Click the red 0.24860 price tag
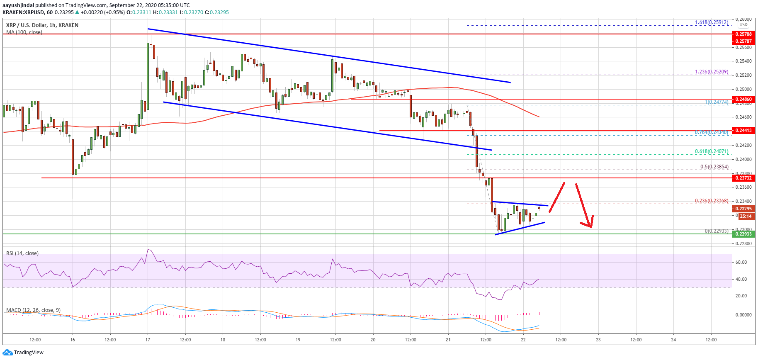pyautogui.click(x=743, y=99)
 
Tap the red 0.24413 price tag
pyautogui.click(x=743, y=130)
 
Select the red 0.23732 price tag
pyautogui.click(x=743, y=178)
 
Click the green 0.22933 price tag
pyautogui.click(x=743, y=234)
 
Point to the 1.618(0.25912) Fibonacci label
pyautogui.click(x=712, y=22)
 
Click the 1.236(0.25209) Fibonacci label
pyautogui.click(x=712, y=72)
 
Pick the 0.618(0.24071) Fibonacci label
pyautogui.click(x=712, y=152)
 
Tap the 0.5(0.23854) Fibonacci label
pyautogui.click(x=714, y=167)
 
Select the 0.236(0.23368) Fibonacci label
pyautogui.click(x=712, y=201)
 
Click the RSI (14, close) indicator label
pyautogui.click(x=22, y=253)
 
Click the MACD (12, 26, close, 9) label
pyautogui.click(x=33, y=310)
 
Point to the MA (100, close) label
pyautogui.click(x=24, y=32)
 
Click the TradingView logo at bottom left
pyautogui.click(x=23, y=353)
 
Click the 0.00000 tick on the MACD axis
pyautogui.click(x=743, y=315)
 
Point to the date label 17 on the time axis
pyautogui.click(x=148, y=340)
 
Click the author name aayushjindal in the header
pyautogui.click(x=18, y=5)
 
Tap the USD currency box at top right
pyautogui.click(x=743, y=25)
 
